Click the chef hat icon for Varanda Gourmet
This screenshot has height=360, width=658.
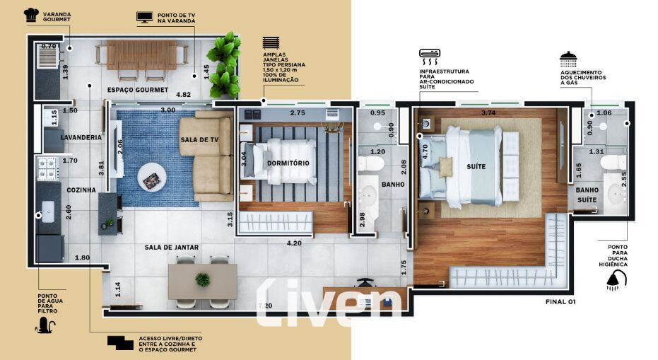[x=32, y=15]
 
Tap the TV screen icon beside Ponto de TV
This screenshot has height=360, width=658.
[x=144, y=17]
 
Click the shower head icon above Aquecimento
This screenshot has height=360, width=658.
[x=568, y=59]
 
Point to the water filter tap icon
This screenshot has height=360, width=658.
[x=46, y=325]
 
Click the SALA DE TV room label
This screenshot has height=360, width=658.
[x=199, y=140]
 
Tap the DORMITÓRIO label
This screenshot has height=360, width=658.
[x=288, y=163]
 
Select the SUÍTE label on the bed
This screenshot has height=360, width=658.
[x=476, y=167]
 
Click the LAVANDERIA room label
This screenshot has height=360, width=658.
[x=81, y=137]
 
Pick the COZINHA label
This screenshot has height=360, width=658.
[x=81, y=190]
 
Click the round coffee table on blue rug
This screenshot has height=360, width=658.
[x=152, y=178]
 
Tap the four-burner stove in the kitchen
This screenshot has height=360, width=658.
[x=47, y=168]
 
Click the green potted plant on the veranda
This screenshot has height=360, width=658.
[x=224, y=65]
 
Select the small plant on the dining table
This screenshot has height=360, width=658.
[x=203, y=280]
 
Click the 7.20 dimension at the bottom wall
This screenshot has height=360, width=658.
[x=265, y=306]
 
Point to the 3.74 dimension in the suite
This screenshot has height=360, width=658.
[x=488, y=112]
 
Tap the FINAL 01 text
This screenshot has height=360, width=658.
[x=560, y=301]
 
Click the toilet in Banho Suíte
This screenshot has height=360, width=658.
[x=613, y=163]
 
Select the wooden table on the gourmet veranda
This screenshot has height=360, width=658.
[x=142, y=55]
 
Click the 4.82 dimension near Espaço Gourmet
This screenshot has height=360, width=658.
[x=183, y=95]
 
